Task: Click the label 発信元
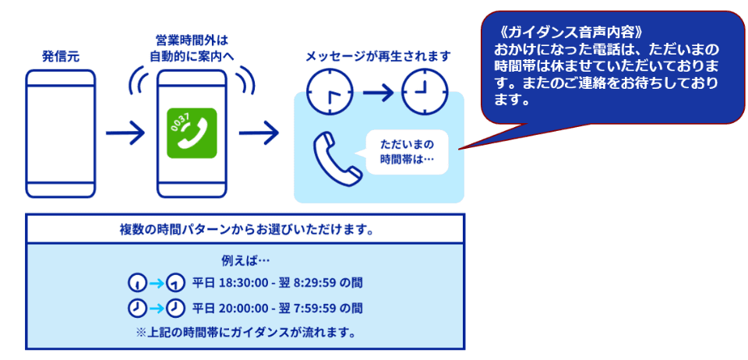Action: [61, 57]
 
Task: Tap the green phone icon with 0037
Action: [192, 133]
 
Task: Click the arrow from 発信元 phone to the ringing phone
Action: [125, 132]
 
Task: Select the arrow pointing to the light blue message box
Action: [259, 132]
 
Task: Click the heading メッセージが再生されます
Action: [378, 57]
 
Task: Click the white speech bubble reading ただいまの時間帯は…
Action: [408, 152]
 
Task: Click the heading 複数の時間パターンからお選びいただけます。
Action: [245, 230]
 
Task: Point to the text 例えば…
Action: [245, 261]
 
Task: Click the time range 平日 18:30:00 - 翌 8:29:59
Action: [263, 284]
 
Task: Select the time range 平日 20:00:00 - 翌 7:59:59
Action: [263, 309]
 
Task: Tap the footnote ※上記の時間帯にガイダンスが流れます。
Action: [245, 333]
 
